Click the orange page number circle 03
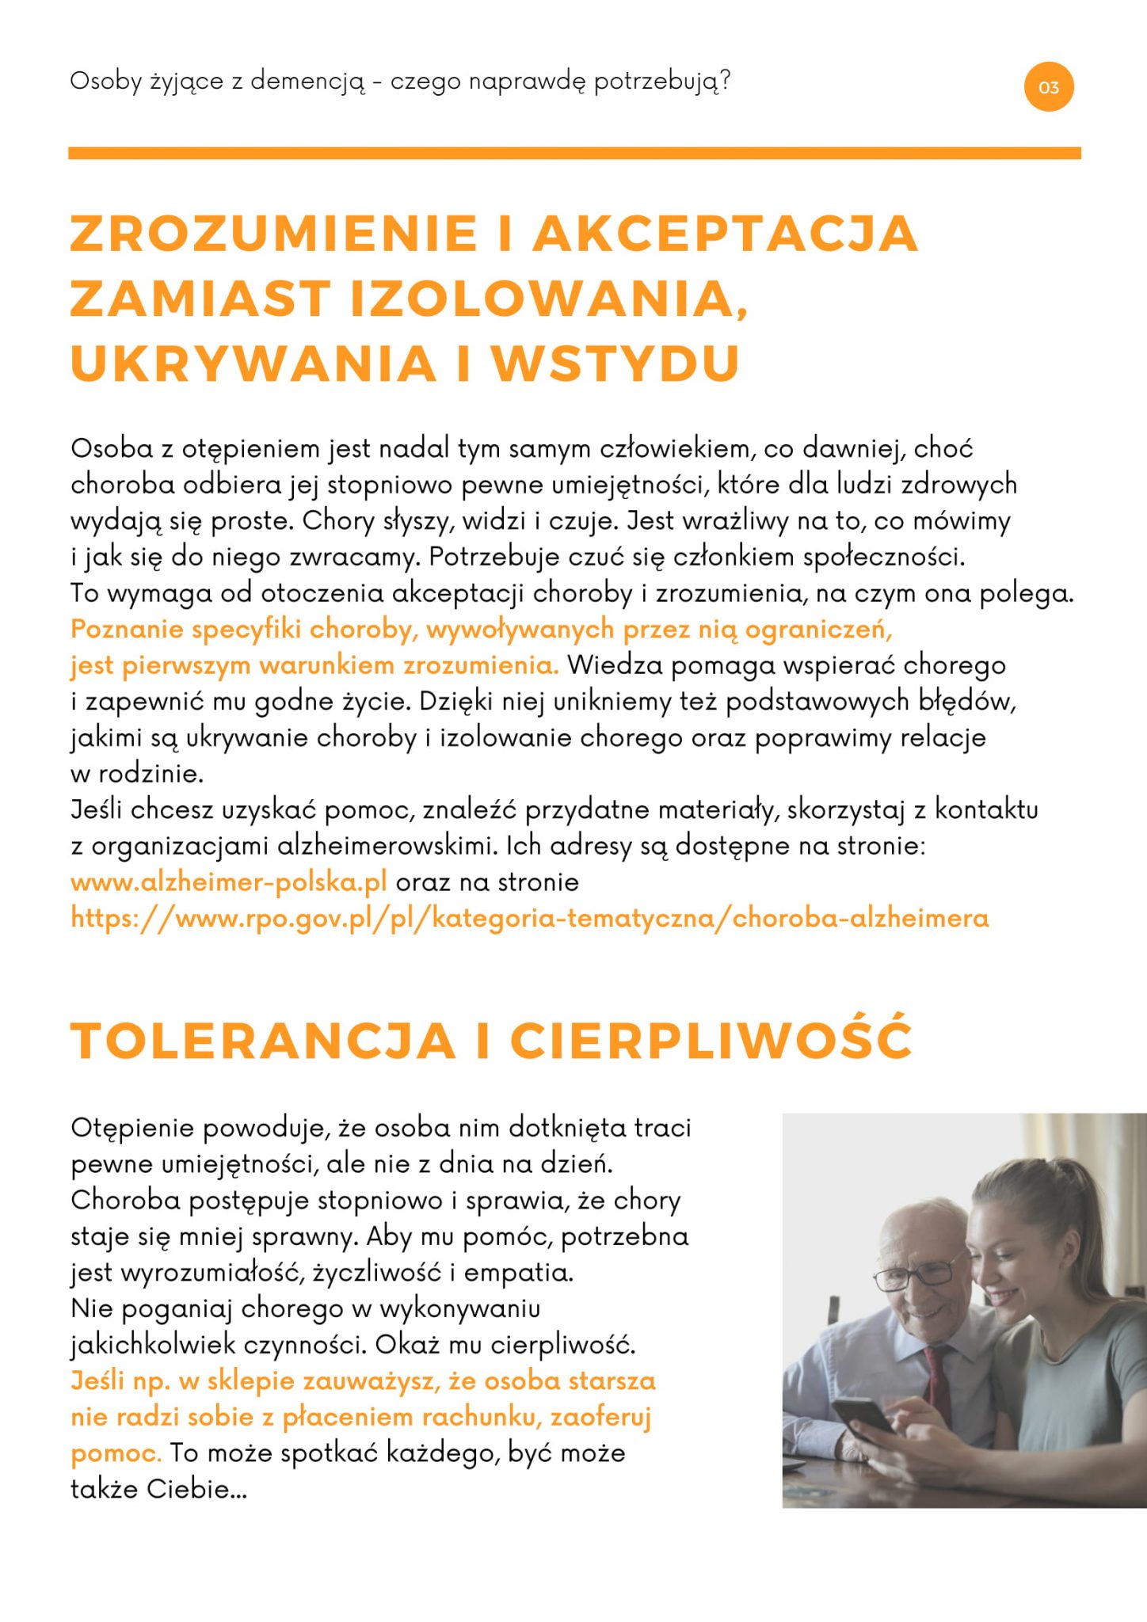pyautogui.click(x=1048, y=87)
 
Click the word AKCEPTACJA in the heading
pyautogui.click(x=725, y=234)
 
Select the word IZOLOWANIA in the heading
pyautogui.click(x=547, y=299)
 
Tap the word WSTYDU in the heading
pyautogui.click(x=615, y=364)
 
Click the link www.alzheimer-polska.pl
pyautogui.click(x=229, y=881)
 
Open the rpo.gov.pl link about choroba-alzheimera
pyautogui.click(x=529, y=918)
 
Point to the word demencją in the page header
pyautogui.click(x=308, y=82)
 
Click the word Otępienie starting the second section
pyautogui.click(x=132, y=1128)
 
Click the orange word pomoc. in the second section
pyautogui.click(x=116, y=1453)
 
